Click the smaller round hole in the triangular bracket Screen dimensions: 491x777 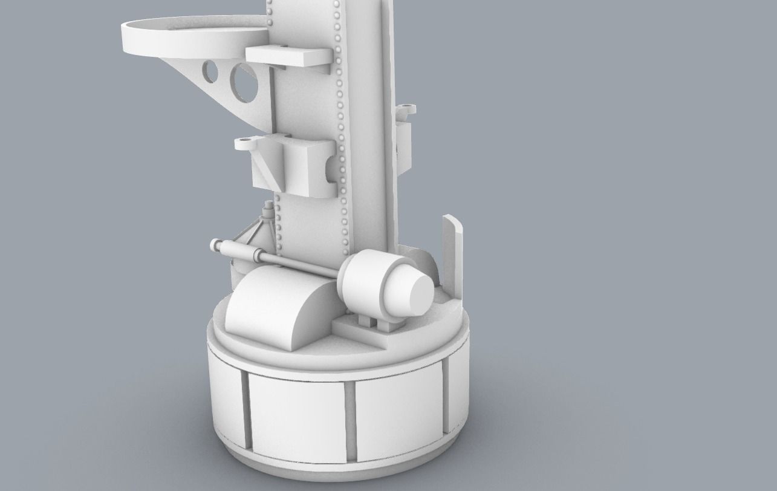click(x=210, y=71)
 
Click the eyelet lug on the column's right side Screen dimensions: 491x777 click(x=406, y=109)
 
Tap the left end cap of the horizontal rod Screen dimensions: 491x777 click(x=215, y=245)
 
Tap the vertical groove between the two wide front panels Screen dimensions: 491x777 click(x=349, y=420)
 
